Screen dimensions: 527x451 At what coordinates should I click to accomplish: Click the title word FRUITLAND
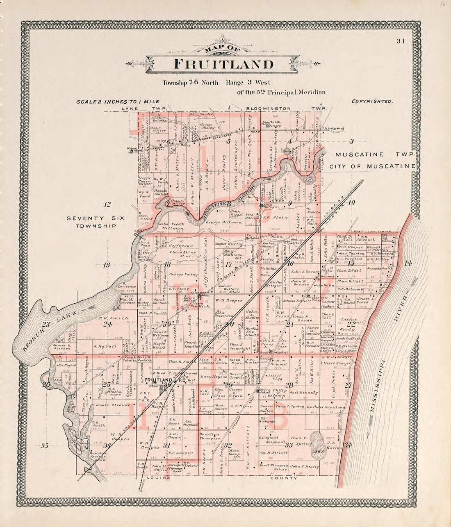(223, 64)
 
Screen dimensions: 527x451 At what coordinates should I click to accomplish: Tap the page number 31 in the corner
(401, 41)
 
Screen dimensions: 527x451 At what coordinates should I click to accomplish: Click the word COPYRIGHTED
(372, 101)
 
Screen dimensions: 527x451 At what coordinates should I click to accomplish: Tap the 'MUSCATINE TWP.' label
(375, 154)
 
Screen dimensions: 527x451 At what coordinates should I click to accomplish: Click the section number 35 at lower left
(45, 445)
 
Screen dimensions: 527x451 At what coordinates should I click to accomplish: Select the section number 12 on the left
(107, 204)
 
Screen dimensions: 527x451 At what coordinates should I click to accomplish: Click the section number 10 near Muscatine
(351, 202)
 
